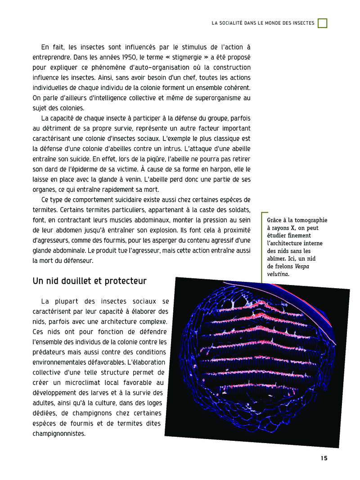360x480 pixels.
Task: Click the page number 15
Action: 324,458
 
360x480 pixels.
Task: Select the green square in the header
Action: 322,23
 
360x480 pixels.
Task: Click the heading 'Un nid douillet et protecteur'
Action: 90,281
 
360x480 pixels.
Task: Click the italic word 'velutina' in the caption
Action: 278,273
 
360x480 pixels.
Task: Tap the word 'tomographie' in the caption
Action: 310,220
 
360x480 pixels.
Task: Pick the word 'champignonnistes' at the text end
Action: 58,434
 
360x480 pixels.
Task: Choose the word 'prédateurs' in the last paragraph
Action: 50,352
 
